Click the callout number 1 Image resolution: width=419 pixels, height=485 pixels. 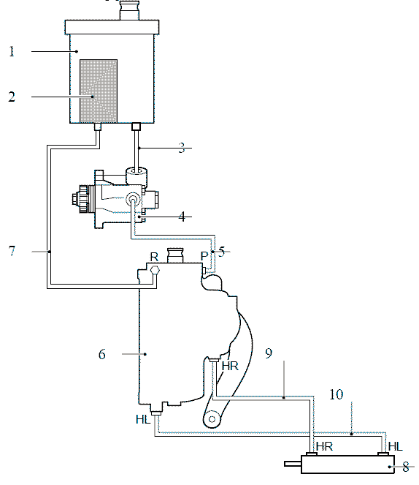pyautogui.click(x=12, y=51)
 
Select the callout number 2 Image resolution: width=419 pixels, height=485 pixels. pyautogui.click(x=12, y=97)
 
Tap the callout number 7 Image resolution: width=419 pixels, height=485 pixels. pyautogui.click(x=12, y=250)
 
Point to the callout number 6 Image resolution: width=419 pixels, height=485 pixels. pyautogui.click(x=102, y=354)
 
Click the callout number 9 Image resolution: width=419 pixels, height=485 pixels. pyautogui.click(x=269, y=353)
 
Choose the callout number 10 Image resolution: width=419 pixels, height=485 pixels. pyautogui.click(x=336, y=394)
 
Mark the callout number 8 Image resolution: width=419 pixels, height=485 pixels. pyautogui.click(x=406, y=467)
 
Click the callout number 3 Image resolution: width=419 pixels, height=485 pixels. pyautogui.click(x=182, y=148)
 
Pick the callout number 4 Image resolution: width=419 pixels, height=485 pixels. pyautogui.click(x=182, y=217)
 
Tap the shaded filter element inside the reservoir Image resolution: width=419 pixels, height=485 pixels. pyautogui.click(x=99, y=91)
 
